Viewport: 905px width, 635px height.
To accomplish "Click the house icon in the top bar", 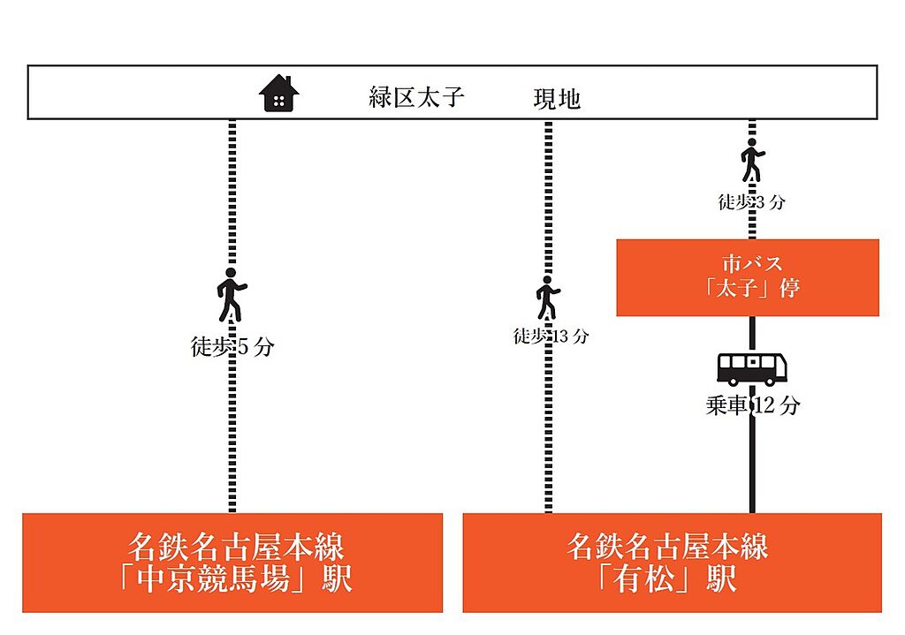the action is (278, 93).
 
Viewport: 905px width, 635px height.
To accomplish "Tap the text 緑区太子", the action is (417, 97).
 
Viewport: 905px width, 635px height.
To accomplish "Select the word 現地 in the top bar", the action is (557, 99).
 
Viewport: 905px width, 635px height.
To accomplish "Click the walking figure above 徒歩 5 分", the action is (232, 295).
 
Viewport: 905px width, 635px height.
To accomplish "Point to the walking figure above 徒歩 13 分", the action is (548, 298).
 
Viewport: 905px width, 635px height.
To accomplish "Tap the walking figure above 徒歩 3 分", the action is (752, 160).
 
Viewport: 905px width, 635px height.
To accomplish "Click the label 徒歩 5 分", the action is (232, 346).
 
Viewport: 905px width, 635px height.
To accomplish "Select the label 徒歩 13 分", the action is (551, 336).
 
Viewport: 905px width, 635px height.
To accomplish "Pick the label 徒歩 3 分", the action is (751, 202).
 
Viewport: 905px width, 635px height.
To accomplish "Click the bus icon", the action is (752, 370).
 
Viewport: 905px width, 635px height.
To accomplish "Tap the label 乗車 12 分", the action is (753, 405).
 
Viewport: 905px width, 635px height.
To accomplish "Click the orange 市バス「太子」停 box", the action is (748, 277).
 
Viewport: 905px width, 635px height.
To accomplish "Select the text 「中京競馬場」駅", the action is (236, 579).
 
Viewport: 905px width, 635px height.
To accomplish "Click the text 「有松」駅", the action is (667, 579).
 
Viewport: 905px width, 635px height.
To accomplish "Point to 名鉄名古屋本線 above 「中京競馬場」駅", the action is (236, 547).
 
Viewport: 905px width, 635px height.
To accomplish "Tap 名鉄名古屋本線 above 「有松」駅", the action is (667, 547).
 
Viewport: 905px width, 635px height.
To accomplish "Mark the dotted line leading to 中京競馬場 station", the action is (232, 315).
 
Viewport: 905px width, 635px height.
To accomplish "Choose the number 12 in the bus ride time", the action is (763, 404).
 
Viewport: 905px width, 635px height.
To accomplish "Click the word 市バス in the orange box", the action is (751, 263).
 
